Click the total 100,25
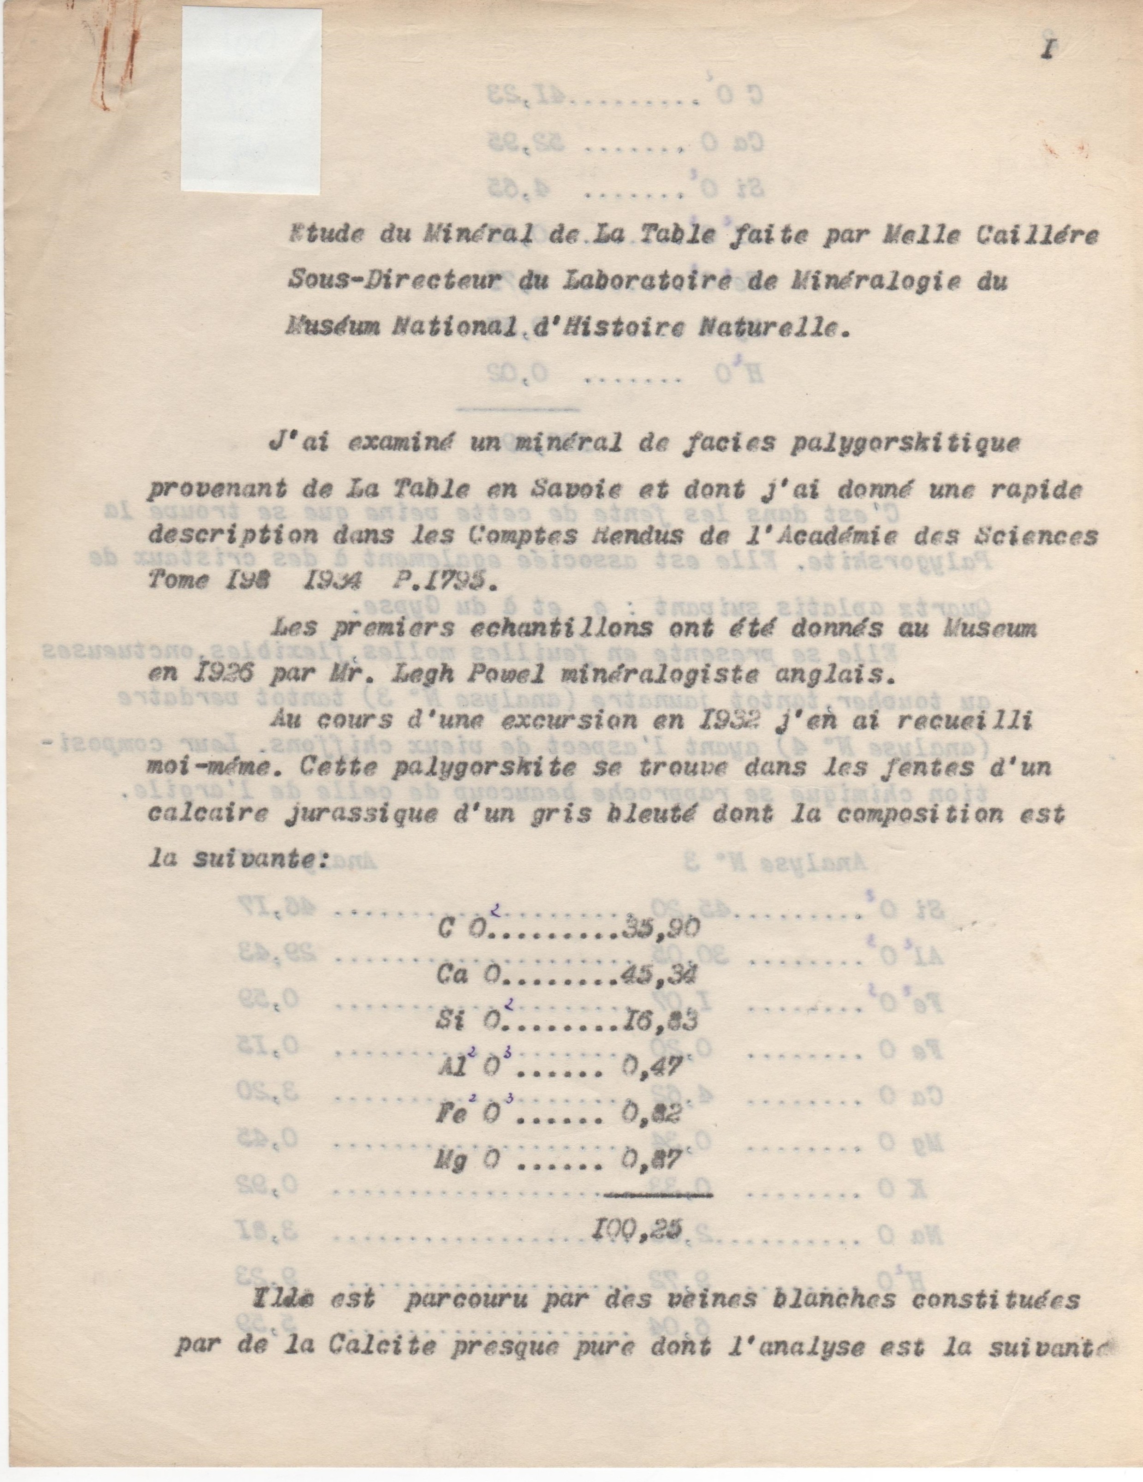coord(636,1230)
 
